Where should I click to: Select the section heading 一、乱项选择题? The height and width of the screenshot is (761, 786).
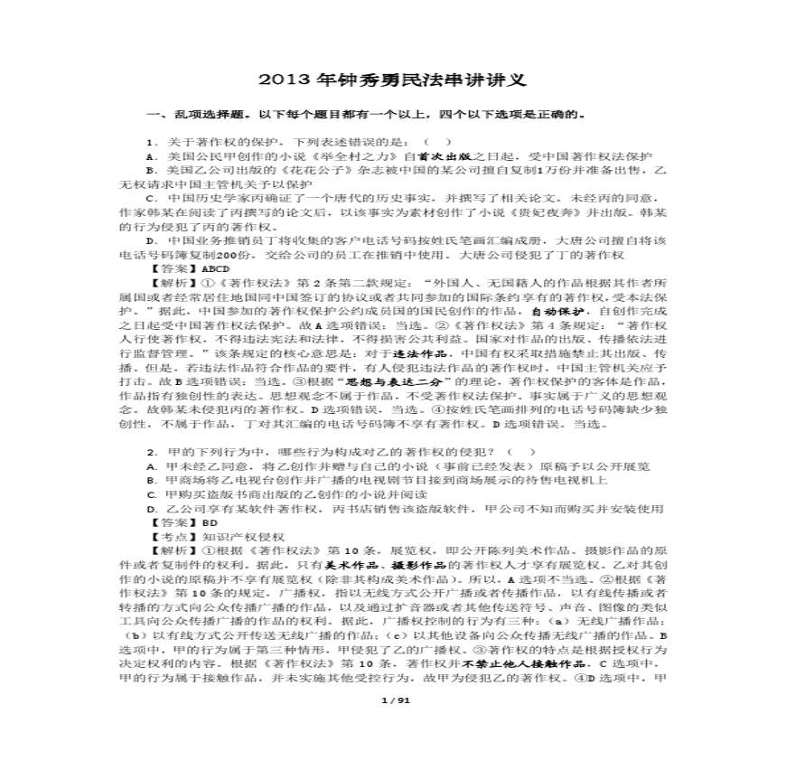click(x=187, y=116)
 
